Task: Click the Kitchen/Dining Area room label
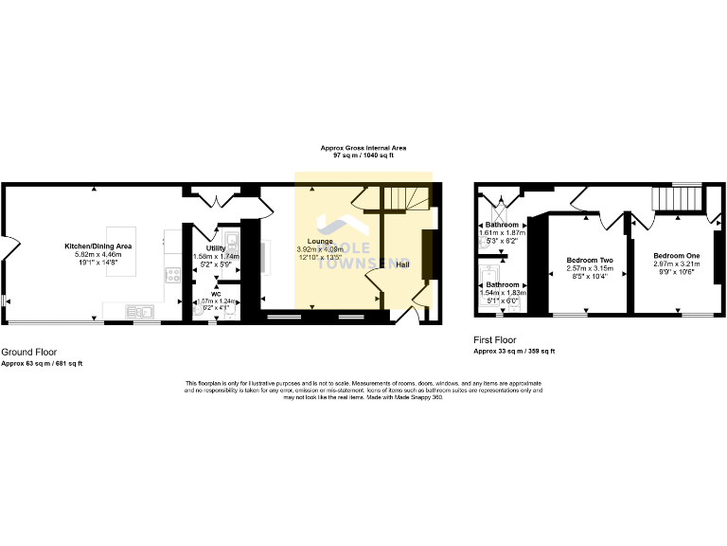pos(98,246)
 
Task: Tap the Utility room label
pos(215,248)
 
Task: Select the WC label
pos(215,294)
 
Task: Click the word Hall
pos(402,264)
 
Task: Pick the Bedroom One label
pos(676,256)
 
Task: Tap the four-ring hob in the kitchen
pos(173,275)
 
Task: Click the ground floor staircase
pos(404,199)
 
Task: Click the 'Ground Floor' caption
pos(28,352)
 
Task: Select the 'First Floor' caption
pos(494,338)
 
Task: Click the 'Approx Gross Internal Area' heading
pos(363,148)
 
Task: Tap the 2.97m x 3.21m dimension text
pos(676,264)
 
